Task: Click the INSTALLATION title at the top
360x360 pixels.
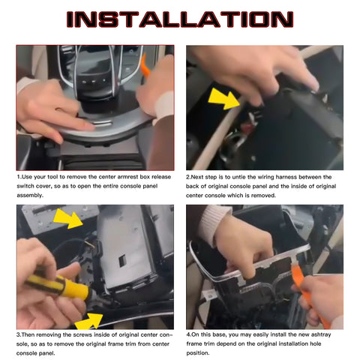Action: [180, 19]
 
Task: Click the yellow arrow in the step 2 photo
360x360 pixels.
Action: [223, 98]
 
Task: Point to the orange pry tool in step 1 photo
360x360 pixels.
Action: [145, 66]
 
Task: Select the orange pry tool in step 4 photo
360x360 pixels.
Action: [310, 295]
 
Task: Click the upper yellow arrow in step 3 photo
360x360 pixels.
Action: [67, 218]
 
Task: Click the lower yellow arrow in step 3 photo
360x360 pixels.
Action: [89, 322]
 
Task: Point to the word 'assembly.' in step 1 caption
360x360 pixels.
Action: [30, 196]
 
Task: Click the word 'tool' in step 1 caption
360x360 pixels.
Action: [52, 177]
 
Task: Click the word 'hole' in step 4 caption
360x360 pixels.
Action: [315, 343]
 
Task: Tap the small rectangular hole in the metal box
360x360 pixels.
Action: [122, 261]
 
